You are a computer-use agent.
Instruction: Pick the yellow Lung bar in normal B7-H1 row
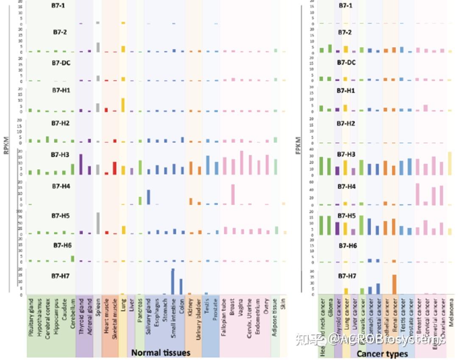[x=123, y=105]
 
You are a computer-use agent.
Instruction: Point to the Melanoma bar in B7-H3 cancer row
[x=450, y=163]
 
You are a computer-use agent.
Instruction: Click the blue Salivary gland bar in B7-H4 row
[x=148, y=197]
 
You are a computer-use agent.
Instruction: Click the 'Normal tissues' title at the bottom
[x=161, y=353]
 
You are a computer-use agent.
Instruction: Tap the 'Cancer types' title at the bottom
[x=382, y=354]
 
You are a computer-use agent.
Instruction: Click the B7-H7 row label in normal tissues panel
[x=62, y=276]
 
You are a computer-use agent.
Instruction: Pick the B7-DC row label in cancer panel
[x=346, y=62]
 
